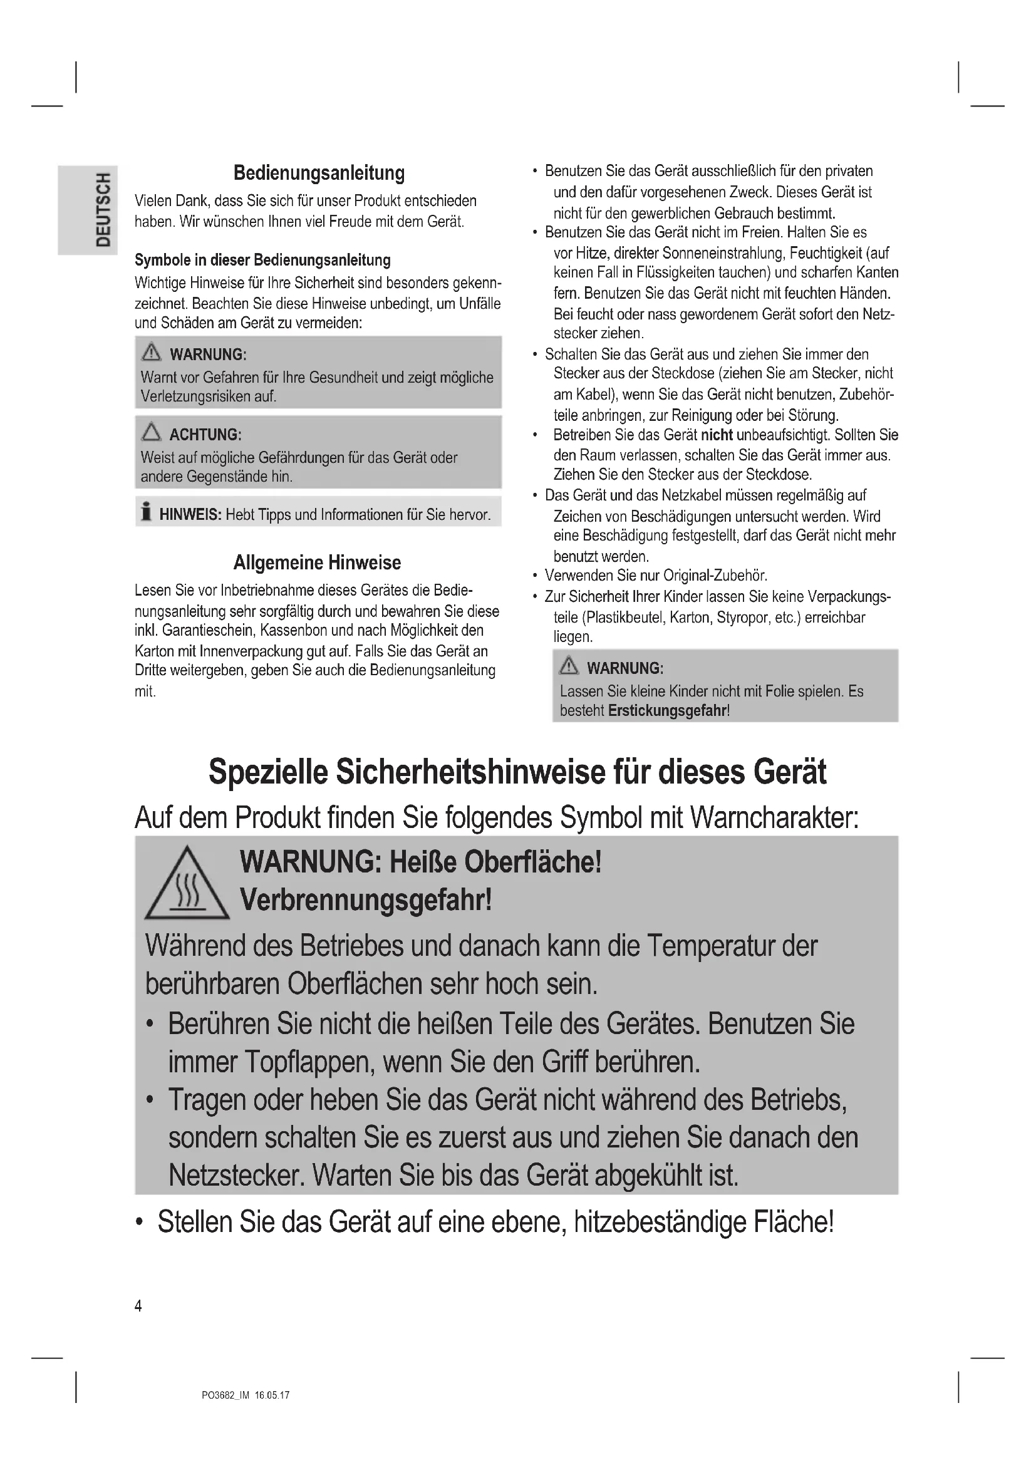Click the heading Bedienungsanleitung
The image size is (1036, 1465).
coord(319,173)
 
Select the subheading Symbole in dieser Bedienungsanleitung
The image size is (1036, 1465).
coord(262,261)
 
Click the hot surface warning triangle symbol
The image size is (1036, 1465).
coord(187,885)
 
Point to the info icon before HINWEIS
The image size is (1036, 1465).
coord(146,512)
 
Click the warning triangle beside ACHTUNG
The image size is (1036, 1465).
coord(151,433)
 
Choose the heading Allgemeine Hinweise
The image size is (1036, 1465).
coord(317,563)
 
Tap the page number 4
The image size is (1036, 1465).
coord(138,1306)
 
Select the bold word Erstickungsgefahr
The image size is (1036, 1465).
coord(666,711)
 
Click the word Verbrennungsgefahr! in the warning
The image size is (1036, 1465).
coord(366,900)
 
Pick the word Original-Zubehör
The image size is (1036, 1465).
coord(715,576)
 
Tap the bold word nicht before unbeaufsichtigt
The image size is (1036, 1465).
coord(717,435)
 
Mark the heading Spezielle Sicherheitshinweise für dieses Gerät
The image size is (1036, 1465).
coord(517,772)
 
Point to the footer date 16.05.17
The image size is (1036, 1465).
coord(272,1395)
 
